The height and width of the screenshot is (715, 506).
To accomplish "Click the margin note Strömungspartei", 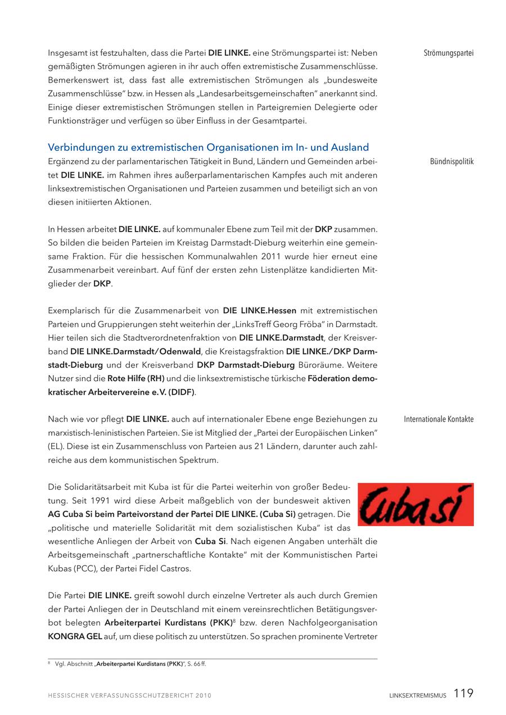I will point(448,53).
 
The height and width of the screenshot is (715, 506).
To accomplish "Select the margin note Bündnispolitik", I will point(451,162).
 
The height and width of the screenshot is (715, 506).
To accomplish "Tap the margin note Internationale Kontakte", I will point(439,419).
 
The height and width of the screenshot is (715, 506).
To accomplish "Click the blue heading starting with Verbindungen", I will point(208,148).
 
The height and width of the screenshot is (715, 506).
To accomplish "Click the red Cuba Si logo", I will point(415,504).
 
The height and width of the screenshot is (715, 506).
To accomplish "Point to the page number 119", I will point(463,694).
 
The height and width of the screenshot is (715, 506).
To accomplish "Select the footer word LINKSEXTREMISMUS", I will point(418,696).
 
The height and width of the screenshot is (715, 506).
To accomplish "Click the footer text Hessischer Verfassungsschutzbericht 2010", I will point(129,696).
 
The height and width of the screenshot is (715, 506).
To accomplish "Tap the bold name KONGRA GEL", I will point(75,636).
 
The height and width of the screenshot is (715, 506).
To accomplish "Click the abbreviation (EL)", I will point(57,446).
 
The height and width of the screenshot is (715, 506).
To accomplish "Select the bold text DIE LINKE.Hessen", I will point(259,311).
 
